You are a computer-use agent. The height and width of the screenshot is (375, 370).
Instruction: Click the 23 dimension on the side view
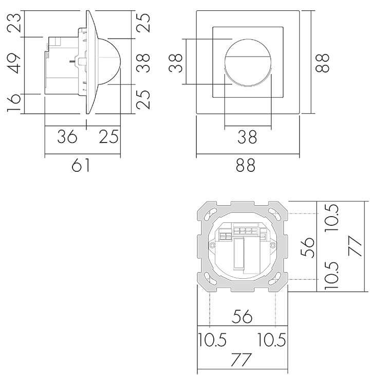14,23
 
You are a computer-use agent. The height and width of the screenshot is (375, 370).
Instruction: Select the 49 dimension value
14,64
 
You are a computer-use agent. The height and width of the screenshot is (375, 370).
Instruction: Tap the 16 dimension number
14,103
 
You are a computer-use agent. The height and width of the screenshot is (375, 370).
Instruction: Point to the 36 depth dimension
67,136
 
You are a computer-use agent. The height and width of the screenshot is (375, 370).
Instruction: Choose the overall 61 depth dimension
81,165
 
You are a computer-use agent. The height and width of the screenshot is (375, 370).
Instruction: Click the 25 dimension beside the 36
108,136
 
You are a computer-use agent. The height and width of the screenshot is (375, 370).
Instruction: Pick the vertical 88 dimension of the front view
322,63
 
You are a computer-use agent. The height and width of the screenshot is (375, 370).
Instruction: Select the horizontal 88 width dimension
246,165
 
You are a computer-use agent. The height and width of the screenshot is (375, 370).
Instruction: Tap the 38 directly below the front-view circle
247,137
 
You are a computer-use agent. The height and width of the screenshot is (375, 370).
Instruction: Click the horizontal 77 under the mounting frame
242,360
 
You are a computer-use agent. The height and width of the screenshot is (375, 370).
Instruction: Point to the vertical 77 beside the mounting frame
356,246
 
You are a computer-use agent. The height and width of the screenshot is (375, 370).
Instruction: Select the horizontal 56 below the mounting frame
242,316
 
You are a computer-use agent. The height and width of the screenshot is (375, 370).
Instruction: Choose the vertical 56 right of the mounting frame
307,247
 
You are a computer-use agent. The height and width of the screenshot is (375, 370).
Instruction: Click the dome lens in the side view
109,61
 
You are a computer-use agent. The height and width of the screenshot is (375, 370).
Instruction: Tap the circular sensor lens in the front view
248,62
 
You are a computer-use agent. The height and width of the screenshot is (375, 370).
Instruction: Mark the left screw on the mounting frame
212,245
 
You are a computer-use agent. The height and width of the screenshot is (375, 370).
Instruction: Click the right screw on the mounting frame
272,245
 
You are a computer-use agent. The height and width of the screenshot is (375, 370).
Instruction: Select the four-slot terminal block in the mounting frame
246,231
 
